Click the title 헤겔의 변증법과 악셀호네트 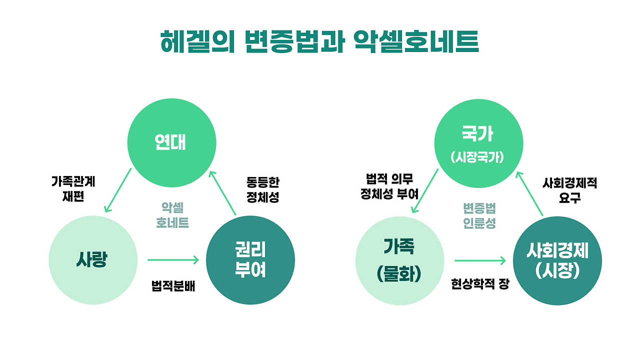click(x=319, y=42)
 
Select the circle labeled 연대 click(x=171, y=143)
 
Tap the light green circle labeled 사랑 click(x=93, y=260)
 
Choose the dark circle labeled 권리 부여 click(x=250, y=260)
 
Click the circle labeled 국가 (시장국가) click(x=478, y=143)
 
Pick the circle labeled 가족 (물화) click(x=399, y=260)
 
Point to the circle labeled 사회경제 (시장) click(x=557, y=260)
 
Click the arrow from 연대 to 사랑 click(x=118, y=190)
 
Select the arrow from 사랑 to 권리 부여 click(x=173, y=260)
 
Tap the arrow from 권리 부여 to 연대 click(x=222, y=193)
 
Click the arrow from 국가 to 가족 click(x=425, y=191)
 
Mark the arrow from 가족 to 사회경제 click(x=480, y=260)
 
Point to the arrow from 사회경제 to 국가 click(x=529, y=193)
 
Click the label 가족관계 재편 click(x=73, y=189)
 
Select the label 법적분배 click(x=173, y=286)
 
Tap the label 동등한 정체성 click(x=263, y=189)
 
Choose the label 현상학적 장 click(x=480, y=283)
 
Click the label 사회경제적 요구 click(x=569, y=190)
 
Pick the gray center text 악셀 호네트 click(x=172, y=215)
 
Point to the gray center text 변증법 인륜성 click(x=479, y=215)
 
